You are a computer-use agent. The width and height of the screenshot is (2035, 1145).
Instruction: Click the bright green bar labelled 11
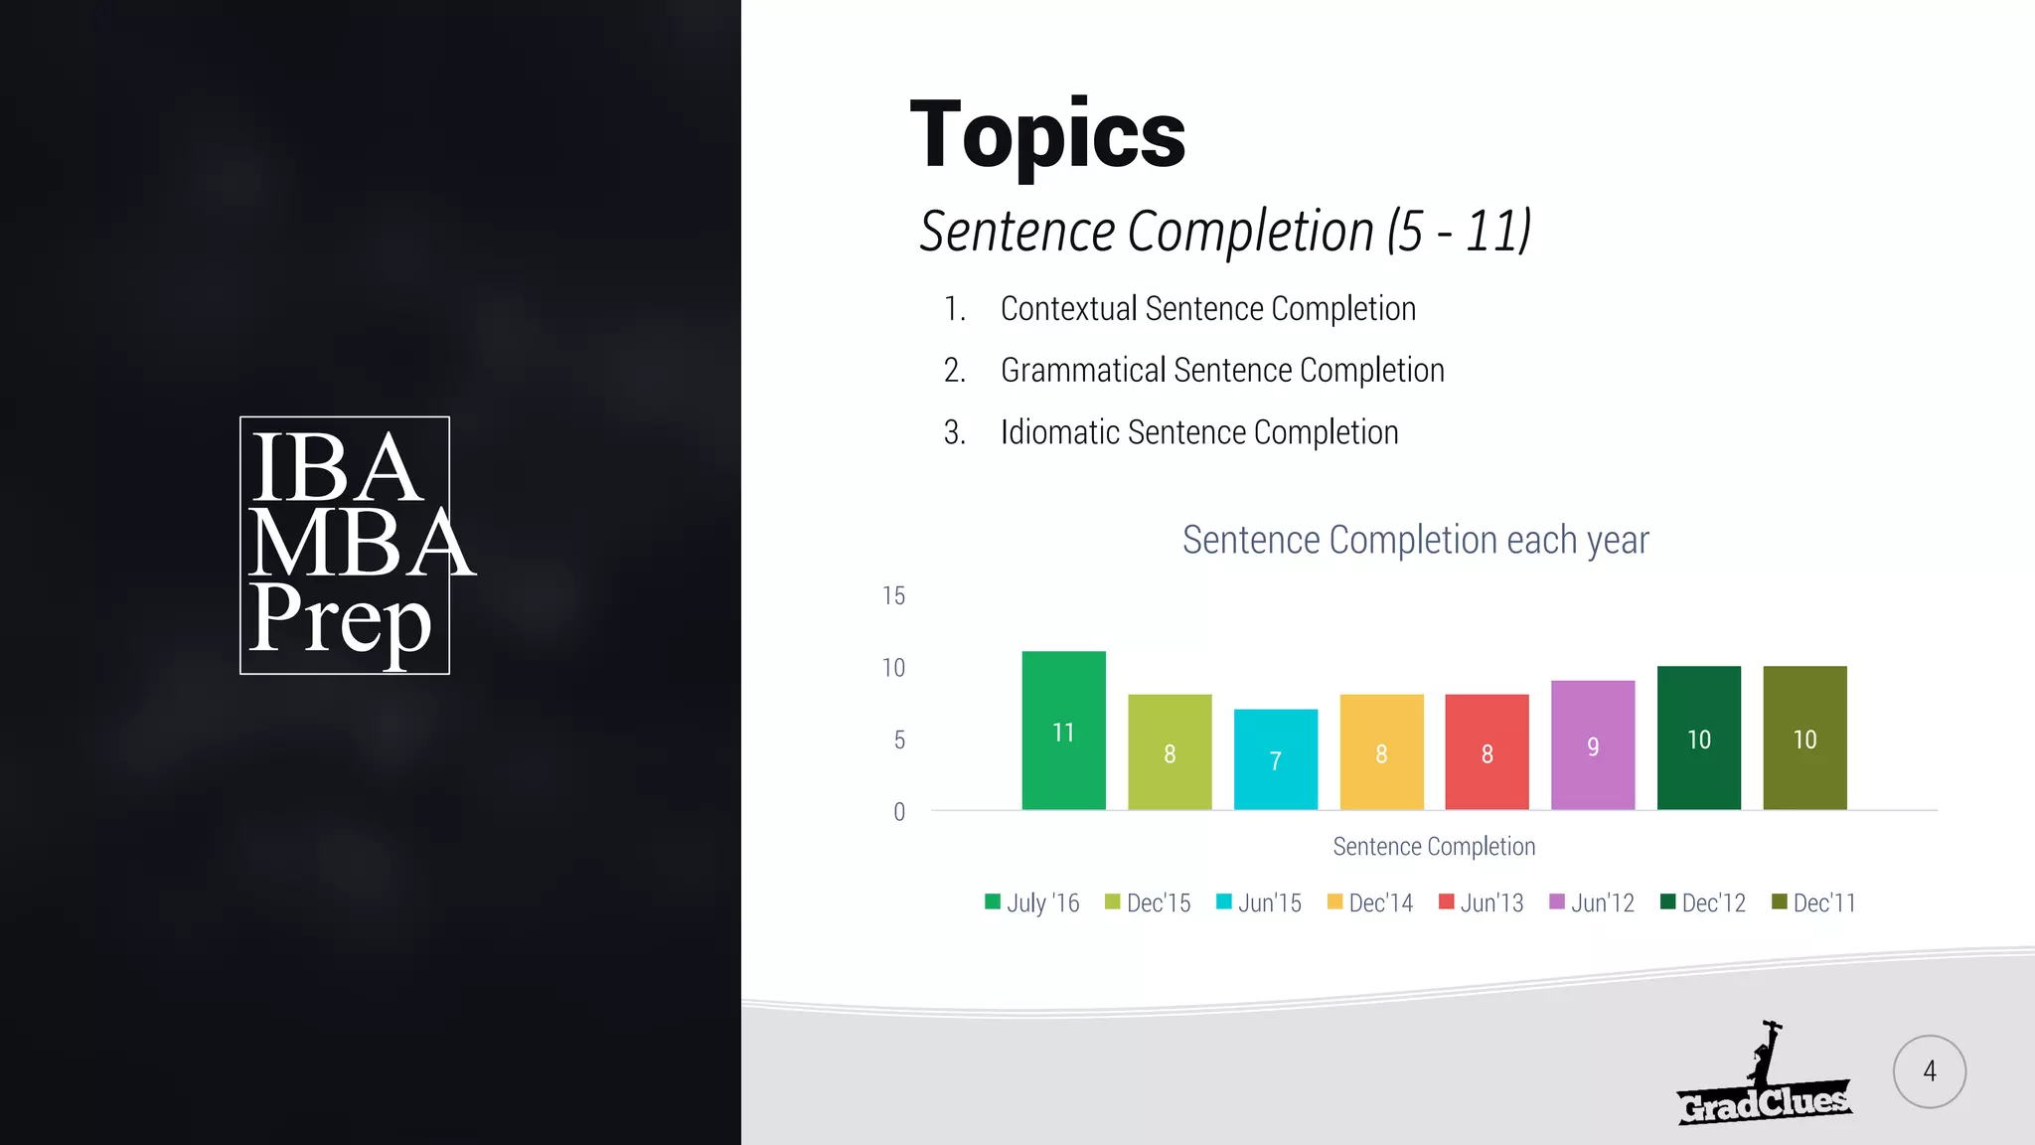(1063, 731)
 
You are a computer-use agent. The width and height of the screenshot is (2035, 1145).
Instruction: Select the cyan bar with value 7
(1276, 759)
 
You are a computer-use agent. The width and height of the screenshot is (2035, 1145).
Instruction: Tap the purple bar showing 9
(1593, 744)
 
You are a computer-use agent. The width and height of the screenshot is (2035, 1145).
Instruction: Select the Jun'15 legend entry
(1259, 902)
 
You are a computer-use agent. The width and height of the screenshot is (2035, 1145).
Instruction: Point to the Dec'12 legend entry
(1703, 902)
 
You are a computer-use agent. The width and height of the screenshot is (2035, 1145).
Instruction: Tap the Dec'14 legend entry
(1370, 902)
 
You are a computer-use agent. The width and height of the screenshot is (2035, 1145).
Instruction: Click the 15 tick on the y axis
(894, 595)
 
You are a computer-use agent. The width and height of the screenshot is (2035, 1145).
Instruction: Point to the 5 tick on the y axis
(899, 739)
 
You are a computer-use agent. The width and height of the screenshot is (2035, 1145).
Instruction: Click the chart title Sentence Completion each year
(1415, 540)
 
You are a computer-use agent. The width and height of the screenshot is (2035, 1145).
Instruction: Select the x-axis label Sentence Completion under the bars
(1434, 846)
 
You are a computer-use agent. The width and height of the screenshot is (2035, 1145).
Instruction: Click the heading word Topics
(1047, 135)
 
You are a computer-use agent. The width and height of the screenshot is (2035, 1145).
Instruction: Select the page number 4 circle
(1929, 1071)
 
